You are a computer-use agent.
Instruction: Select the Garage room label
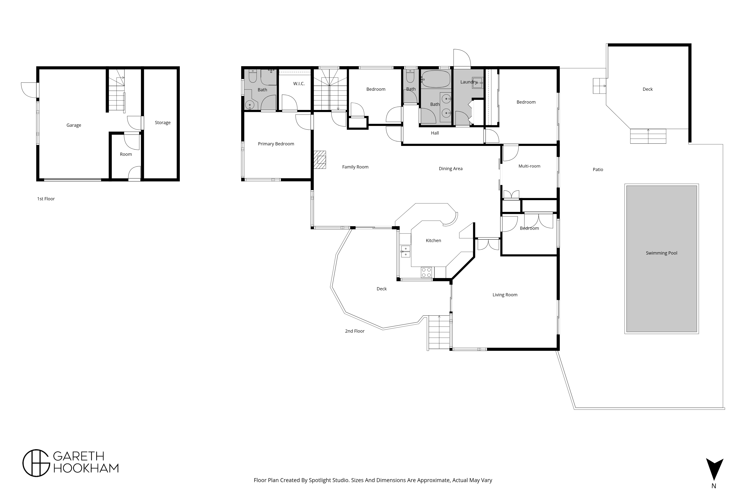[x=74, y=125]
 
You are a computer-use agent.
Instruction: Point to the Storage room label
[x=162, y=123]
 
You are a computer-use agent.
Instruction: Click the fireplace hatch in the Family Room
[x=320, y=160]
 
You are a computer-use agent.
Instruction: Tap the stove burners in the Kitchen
[x=426, y=272]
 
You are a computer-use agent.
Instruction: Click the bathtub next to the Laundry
[x=436, y=79]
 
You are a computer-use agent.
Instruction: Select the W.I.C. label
[x=299, y=84]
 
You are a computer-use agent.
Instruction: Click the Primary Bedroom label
[x=276, y=144]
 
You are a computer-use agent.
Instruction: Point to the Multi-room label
[x=529, y=166]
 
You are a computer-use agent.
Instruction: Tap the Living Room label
[x=505, y=295]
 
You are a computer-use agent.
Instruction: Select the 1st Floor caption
[x=46, y=199]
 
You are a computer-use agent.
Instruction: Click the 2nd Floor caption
[x=355, y=331]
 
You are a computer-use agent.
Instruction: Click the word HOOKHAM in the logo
[x=86, y=468]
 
